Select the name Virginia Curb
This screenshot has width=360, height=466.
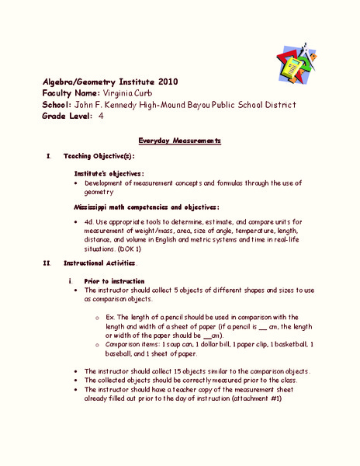click(123, 92)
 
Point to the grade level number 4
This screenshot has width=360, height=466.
click(101, 116)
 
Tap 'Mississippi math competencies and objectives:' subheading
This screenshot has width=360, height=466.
click(147, 207)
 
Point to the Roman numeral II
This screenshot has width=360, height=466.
click(49, 264)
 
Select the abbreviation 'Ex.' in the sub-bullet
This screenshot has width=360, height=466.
click(109, 317)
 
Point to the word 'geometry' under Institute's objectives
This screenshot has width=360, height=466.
click(99, 191)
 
